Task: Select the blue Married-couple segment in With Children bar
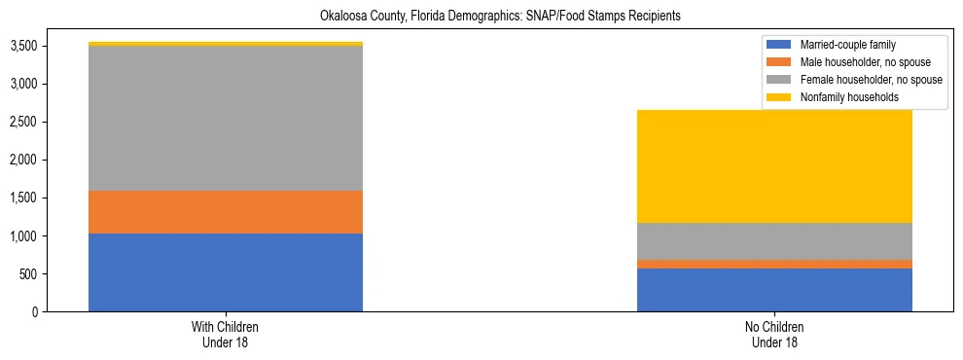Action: [x=226, y=272]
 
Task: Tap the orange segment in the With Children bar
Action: [x=226, y=212]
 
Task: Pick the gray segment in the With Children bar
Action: [x=226, y=118]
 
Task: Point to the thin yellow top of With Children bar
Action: [x=226, y=44]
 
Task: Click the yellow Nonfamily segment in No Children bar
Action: [x=774, y=166]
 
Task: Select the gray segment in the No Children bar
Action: [x=774, y=241]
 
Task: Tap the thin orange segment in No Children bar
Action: [x=774, y=264]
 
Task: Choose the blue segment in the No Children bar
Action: [x=774, y=290]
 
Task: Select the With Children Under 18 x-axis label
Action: [x=226, y=334]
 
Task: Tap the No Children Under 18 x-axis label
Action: [x=774, y=334]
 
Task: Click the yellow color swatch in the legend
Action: [x=779, y=97]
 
